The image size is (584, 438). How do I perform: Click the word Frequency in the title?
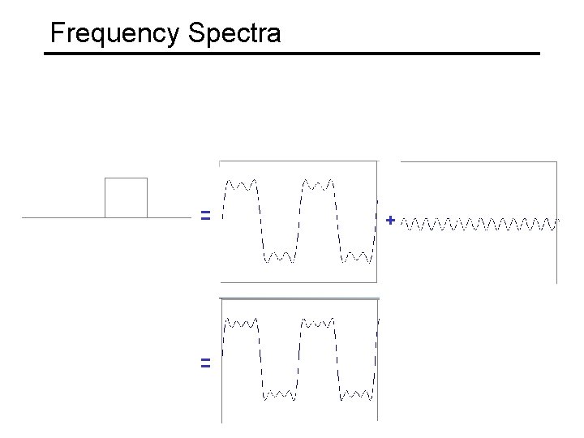[x=114, y=33]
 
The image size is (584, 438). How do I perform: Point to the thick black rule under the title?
[x=292, y=54]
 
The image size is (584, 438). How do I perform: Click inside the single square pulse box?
[x=126, y=197]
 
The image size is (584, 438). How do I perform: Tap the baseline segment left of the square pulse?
[x=63, y=217]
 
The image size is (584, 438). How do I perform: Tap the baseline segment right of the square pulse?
[x=169, y=217]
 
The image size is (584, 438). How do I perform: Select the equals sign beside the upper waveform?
[x=206, y=216]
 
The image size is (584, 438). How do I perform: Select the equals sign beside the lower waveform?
[x=206, y=363]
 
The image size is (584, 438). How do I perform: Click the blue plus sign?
[x=391, y=220]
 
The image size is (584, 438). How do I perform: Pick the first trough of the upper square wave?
[x=280, y=257]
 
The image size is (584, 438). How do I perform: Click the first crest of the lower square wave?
[x=242, y=323]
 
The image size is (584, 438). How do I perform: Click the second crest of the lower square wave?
[x=319, y=323]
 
